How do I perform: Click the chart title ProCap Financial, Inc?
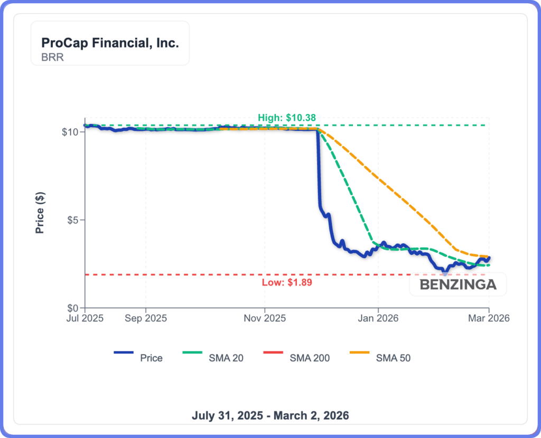pos(110,43)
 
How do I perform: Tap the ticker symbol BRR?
pos(52,57)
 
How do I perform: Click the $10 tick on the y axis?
pos(70,131)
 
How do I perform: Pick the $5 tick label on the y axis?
pos(73,220)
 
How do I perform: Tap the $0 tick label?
pos(73,308)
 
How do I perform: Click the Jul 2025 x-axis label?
pos(85,319)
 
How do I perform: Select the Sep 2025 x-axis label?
pos(146,319)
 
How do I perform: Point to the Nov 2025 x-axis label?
pos(265,319)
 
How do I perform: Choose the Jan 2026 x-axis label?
pos(378,319)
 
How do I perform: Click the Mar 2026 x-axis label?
pos(489,319)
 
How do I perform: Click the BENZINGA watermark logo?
pos(458,285)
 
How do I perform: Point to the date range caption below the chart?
pos(270,415)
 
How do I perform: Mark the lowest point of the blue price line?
pos(445,273)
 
